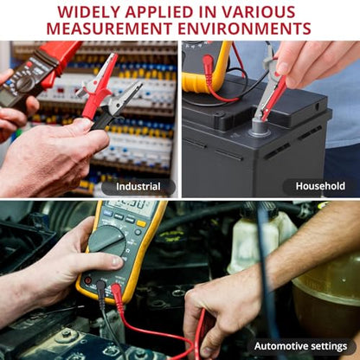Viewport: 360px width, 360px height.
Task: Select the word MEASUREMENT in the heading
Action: click(x=109, y=29)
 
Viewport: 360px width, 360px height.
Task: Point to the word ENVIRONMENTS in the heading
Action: click(x=244, y=29)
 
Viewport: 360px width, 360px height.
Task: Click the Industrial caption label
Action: click(x=138, y=187)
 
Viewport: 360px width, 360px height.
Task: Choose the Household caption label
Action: click(x=320, y=186)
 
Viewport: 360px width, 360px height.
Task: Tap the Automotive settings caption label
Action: click(x=300, y=346)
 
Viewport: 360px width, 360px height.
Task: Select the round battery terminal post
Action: click(x=260, y=127)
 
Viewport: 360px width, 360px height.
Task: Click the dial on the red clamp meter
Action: click(x=24, y=84)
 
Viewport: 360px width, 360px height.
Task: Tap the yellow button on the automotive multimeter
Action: click(x=141, y=223)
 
